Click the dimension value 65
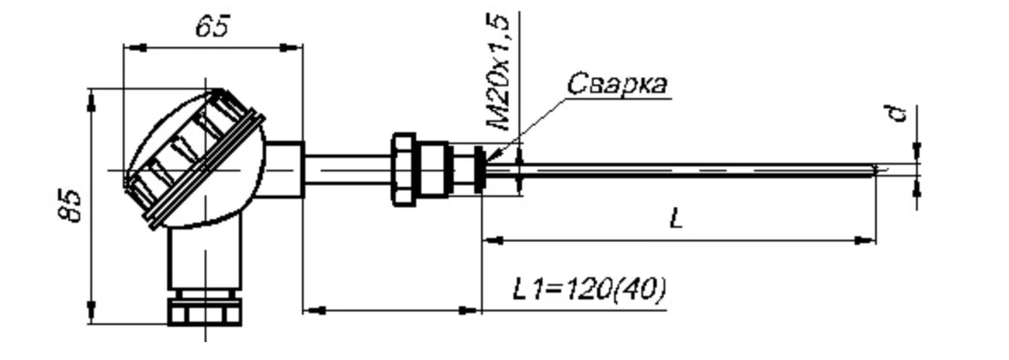coord(213,28)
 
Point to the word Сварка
coord(617,84)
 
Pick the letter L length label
coord(676,219)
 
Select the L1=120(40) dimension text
coord(589,290)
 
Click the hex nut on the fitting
coord(403,170)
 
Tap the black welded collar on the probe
coord(479,170)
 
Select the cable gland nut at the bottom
coord(205,311)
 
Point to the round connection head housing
coord(195,159)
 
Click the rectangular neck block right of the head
coord(284,170)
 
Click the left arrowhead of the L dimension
coord(492,241)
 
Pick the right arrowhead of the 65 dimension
coord(292,47)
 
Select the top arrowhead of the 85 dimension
coord(90,99)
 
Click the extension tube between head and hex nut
coord(347,170)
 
